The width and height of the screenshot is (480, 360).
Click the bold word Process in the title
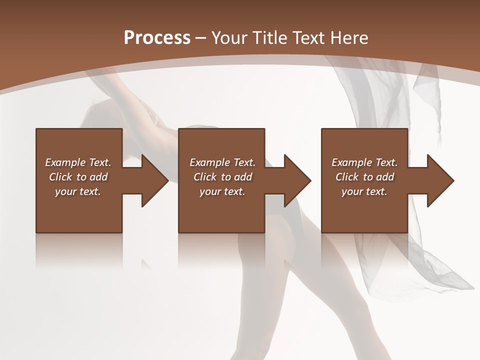click(157, 38)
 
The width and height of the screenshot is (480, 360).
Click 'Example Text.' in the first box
click(78, 162)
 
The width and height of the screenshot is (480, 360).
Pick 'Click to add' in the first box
click(78, 177)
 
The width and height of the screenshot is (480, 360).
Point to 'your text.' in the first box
click(78, 191)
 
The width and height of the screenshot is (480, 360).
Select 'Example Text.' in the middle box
click(222, 162)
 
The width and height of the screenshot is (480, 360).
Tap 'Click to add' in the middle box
click(222, 177)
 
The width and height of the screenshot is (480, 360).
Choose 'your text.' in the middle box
click(222, 191)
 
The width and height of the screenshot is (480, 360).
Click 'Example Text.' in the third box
click(364, 162)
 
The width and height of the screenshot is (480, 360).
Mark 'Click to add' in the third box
click(364, 177)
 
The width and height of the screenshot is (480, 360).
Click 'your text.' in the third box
click(364, 191)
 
